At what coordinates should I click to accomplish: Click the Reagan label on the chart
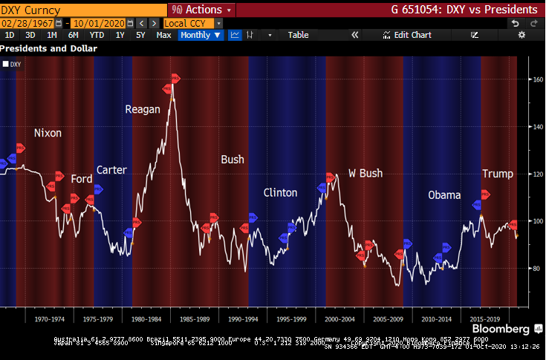143,109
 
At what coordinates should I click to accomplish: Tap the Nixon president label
48,134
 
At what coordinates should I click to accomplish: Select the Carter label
111,170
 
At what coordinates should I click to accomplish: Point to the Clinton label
280,193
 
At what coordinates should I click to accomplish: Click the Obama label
446,195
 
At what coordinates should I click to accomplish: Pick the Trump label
498,174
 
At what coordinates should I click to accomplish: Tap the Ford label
82,179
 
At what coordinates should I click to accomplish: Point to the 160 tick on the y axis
537,79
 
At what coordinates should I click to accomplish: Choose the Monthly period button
201,35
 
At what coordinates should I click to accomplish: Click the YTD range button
97,35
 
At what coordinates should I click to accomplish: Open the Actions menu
202,10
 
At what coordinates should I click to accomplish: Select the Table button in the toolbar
298,35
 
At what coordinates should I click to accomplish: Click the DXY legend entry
13,65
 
